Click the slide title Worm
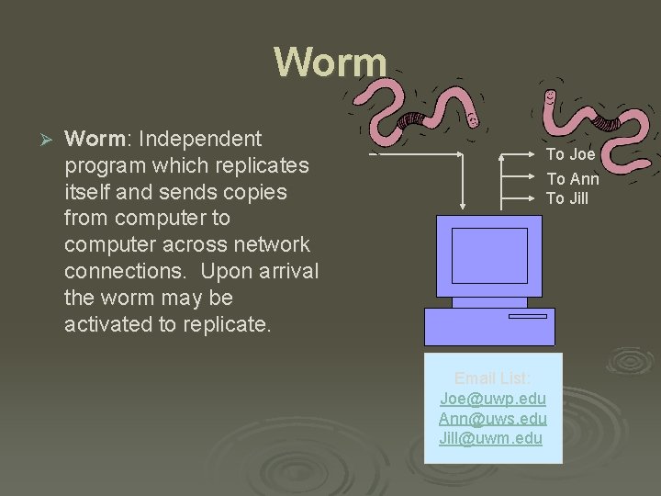(x=330, y=62)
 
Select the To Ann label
(x=573, y=179)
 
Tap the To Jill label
(x=567, y=198)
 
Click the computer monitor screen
(x=489, y=255)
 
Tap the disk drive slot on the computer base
(x=527, y=316)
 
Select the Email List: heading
(x=492, y=378)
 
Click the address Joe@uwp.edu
(x=492, y=399)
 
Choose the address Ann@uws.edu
(x=492, y=419)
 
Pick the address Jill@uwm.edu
(x=492, y=438)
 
